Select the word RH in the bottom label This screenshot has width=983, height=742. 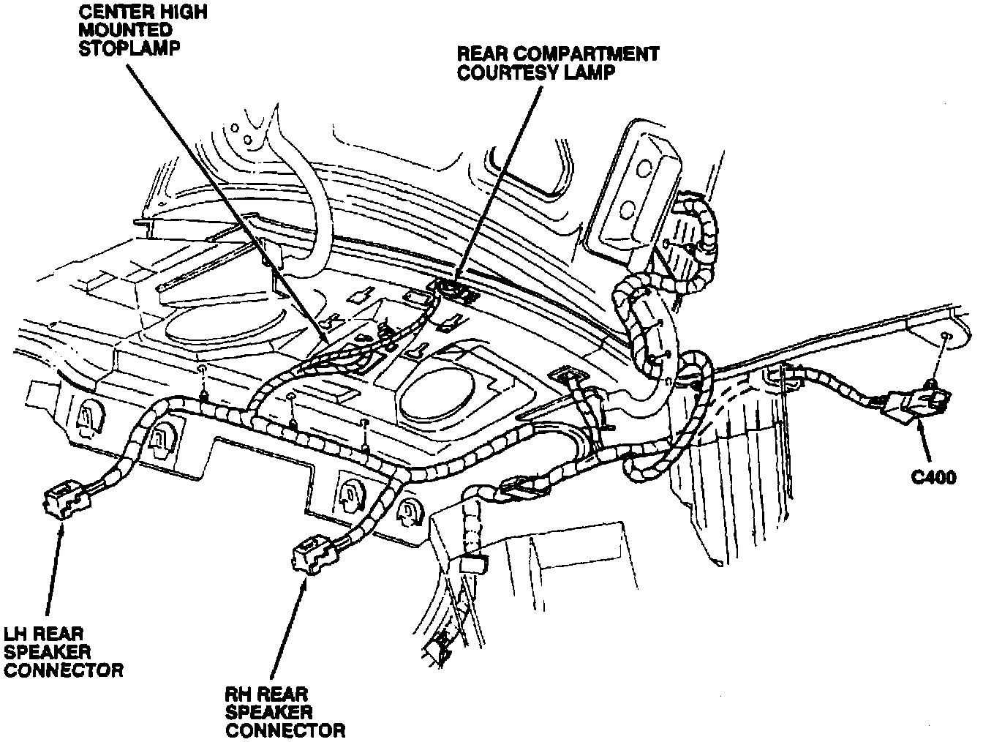(238, 693)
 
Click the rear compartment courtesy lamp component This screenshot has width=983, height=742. (453, 290)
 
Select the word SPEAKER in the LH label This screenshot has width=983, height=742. (47, 651)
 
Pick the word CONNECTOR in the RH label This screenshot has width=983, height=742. (285, 730)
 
